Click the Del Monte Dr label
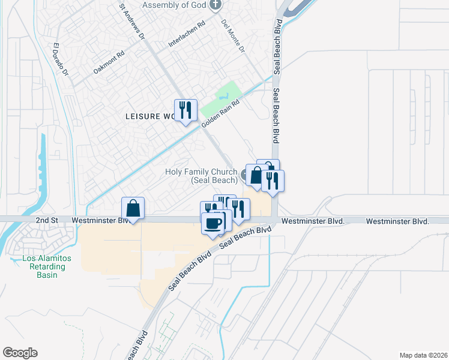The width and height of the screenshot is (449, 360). click(234, 37)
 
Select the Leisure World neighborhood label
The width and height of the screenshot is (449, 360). click(149, 116)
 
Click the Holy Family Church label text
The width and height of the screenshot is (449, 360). click(201, 176)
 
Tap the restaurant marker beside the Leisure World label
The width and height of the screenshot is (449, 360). click(185, 110)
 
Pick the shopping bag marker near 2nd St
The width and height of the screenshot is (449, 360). click(133, 209)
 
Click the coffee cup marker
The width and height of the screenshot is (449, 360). click(213, 224)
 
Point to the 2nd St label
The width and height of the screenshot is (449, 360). click(46, 220)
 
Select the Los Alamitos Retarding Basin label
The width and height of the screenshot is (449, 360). click(46, 266)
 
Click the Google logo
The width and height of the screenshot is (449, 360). click(20, 353)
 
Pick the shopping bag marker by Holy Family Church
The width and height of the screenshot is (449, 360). click(256, 176)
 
